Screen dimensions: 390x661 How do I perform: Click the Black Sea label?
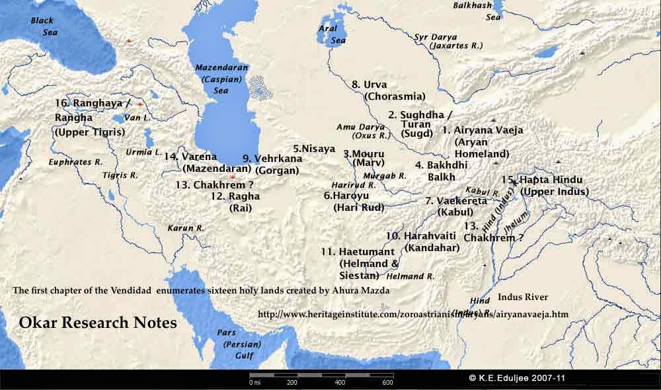tap(42, 26)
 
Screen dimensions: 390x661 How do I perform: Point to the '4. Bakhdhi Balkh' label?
tap(440, 171)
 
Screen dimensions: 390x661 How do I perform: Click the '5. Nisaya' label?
tap(314, 149)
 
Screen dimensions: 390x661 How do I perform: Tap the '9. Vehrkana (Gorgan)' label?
tap(273, 164)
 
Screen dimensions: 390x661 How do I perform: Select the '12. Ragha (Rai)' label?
tap(236, 202)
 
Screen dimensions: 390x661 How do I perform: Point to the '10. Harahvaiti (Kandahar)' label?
tap(418, 241)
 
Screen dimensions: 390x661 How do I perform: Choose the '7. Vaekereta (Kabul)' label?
tap(456, 206)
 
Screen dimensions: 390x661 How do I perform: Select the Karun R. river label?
tap(185, 227)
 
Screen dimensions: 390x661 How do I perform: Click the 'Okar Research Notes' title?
tap(98, 323)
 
